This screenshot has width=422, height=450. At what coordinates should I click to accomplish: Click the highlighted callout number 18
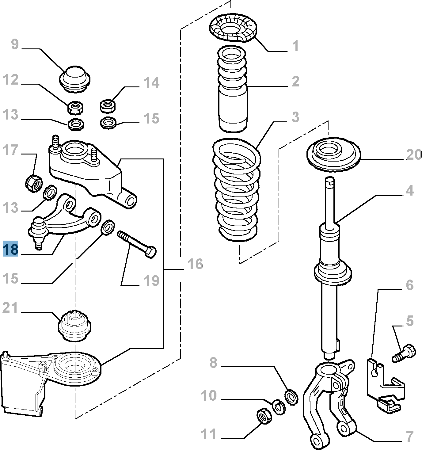tap(10, 249)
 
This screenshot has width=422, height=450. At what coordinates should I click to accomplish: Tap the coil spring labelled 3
tap(237, 190)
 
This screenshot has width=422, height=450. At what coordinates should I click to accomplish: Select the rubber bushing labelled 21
tap(75, 326)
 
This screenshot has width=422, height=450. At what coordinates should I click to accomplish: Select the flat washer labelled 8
tap(291, 397)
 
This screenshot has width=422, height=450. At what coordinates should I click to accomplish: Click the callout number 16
tap(195, 264)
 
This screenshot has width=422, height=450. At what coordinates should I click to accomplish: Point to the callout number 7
tap(410, 436)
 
